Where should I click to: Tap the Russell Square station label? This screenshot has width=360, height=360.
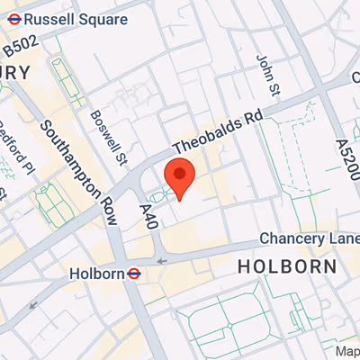pyautogui.click(x=76, y=19)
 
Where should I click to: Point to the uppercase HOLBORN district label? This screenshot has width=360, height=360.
pyautogui.click(x=287, y=266)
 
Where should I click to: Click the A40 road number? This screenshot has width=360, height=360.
pyautogui.click(x=148, y=215)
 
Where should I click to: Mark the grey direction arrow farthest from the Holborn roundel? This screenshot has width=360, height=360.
pyautogui.click(x=34, y=303)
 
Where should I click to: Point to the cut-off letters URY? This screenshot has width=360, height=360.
pyautogui.click(x=15, y=72)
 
